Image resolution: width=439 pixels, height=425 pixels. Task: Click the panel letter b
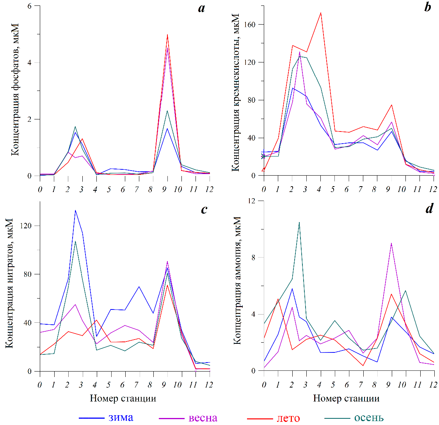[x=428, y=8]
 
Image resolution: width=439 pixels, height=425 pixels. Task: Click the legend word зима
[x=121, y=417]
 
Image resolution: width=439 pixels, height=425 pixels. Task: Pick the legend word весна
[x=203, y=418]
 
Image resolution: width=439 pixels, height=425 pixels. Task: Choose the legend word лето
[x=288, y=418]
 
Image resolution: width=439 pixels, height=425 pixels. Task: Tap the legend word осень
[x=369, y=418]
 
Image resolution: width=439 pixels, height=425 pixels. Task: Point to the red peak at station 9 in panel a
[x=167, y=35]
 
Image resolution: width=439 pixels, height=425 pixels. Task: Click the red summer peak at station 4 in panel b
[x=321, y=12]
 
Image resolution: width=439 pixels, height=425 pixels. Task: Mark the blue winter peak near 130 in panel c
[x=75, y=210]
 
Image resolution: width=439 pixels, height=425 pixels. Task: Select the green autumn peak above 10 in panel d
[x=299, y=222]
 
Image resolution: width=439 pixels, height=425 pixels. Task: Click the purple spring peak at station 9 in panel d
[x=391, y=243]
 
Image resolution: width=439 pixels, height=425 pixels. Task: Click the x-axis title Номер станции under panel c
[x=123, y=398]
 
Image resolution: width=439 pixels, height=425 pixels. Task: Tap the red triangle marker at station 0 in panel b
[x=264, y=169]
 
